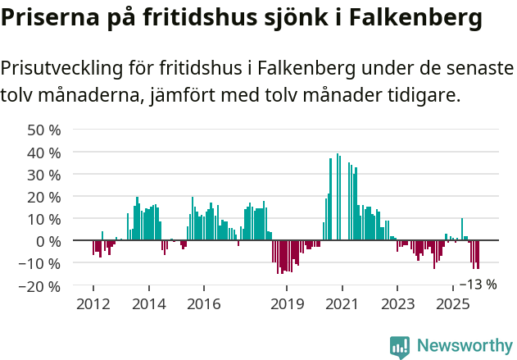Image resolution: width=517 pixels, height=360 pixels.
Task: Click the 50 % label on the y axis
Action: click(x=44, y=130)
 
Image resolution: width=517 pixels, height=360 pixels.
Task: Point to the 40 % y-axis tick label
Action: click(x=44, y=153)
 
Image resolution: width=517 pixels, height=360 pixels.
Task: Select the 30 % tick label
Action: click(x=44, y=175)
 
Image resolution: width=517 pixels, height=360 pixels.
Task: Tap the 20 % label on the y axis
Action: click(x=44, y=197)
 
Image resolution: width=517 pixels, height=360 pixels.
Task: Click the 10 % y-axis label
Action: click(x=44, y=219)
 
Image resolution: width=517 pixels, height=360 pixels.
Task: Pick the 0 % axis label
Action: click(x=48, y=241)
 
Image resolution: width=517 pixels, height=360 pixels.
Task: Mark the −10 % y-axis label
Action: click(x=41, y=263)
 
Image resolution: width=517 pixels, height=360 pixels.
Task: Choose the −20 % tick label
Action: click(x=41, y=286)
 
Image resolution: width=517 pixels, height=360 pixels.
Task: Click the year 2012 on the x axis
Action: click(x=93, y=304)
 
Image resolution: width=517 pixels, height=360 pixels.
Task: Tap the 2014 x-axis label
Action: click(x=148, y=304)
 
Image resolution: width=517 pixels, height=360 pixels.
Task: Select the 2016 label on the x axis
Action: click(x=203, y=304)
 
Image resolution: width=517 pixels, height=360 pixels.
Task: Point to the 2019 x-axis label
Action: click(x=287, y=304)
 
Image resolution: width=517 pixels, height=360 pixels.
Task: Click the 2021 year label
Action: click(x=342, y=304)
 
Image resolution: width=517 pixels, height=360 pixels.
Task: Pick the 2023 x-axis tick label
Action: click(x=397, y=304)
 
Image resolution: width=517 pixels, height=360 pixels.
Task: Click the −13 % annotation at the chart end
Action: click(x=478, y=285)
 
